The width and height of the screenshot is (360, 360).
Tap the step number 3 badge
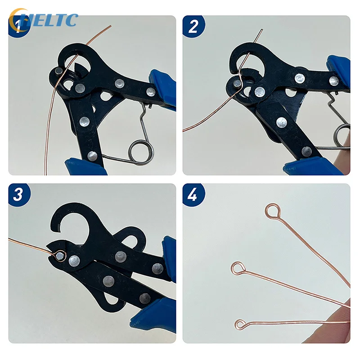pyautogui.click(x=19, y=194)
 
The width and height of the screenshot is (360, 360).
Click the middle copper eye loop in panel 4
pyautogui.click(x=237, y=268)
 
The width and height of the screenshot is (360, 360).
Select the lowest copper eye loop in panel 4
pyautogui.click(x=241, y=324)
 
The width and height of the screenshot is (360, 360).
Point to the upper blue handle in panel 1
pyautogui.click(x=163, y=88)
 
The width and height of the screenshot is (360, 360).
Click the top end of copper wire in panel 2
pyautogui.click(x=261, y=31)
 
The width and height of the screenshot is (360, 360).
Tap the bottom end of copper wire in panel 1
pyautogui.click(x=45, y=173)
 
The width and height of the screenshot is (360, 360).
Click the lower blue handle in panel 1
pyautogui.click(x=85, y=166)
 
